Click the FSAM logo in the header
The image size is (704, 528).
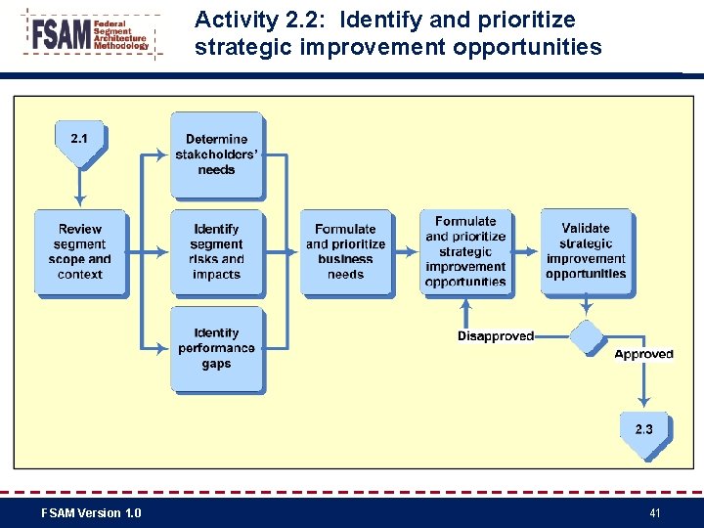pos(90,36)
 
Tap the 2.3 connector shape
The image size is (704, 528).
pos(644,433)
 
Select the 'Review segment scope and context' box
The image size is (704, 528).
pos(80,251)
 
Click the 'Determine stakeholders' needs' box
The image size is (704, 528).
pos(216,154)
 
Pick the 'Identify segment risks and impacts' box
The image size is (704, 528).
pos(216,251)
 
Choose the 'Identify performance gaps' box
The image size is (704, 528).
pos(216,349)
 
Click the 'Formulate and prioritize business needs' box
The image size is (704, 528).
pos(345,251)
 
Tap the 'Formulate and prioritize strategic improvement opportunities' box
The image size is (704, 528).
pos(465,251)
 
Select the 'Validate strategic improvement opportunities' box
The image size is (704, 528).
pos(586,251)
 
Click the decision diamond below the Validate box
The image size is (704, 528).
pos(587,337)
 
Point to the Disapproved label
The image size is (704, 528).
pos(496,336)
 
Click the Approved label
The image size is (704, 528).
pos(643,354)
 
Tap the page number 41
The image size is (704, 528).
pos(655,512)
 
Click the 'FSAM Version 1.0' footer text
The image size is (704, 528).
pos(91,512)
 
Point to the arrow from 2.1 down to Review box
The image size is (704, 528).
pos(80,188)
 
